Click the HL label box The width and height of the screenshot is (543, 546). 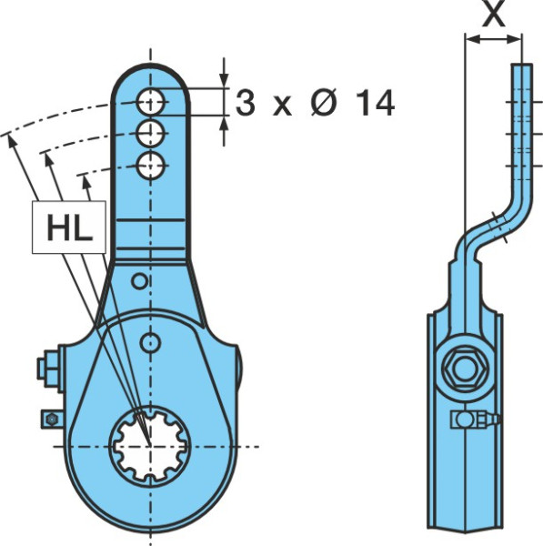(x=69, y=227)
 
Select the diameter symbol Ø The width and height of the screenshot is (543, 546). (x=324, y=103)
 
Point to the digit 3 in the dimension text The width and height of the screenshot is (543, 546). (x=246, y=102)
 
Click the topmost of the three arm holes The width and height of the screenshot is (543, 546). (x=150, y=102)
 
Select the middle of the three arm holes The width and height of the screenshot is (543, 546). (x=150, y=134)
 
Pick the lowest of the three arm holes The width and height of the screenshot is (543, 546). (x=150, y=166)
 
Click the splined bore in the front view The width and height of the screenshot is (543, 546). (x=150, y=445)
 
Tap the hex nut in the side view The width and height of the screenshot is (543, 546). (x=466, y=369)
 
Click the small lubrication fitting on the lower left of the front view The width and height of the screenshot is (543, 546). (x=52, y=420)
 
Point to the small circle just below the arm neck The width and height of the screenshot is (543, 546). (x=140, y=281)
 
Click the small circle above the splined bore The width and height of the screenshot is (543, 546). (x=150, y=343)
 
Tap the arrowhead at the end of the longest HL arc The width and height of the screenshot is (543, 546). (x=11, y=141)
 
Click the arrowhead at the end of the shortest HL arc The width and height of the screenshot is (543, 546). (x=85, y=182)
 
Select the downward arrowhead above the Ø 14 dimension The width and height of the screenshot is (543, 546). (x=224, y=79)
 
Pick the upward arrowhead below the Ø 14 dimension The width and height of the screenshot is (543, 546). (x=224, y=124)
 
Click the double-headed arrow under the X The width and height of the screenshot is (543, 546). (x=493, y=39)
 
